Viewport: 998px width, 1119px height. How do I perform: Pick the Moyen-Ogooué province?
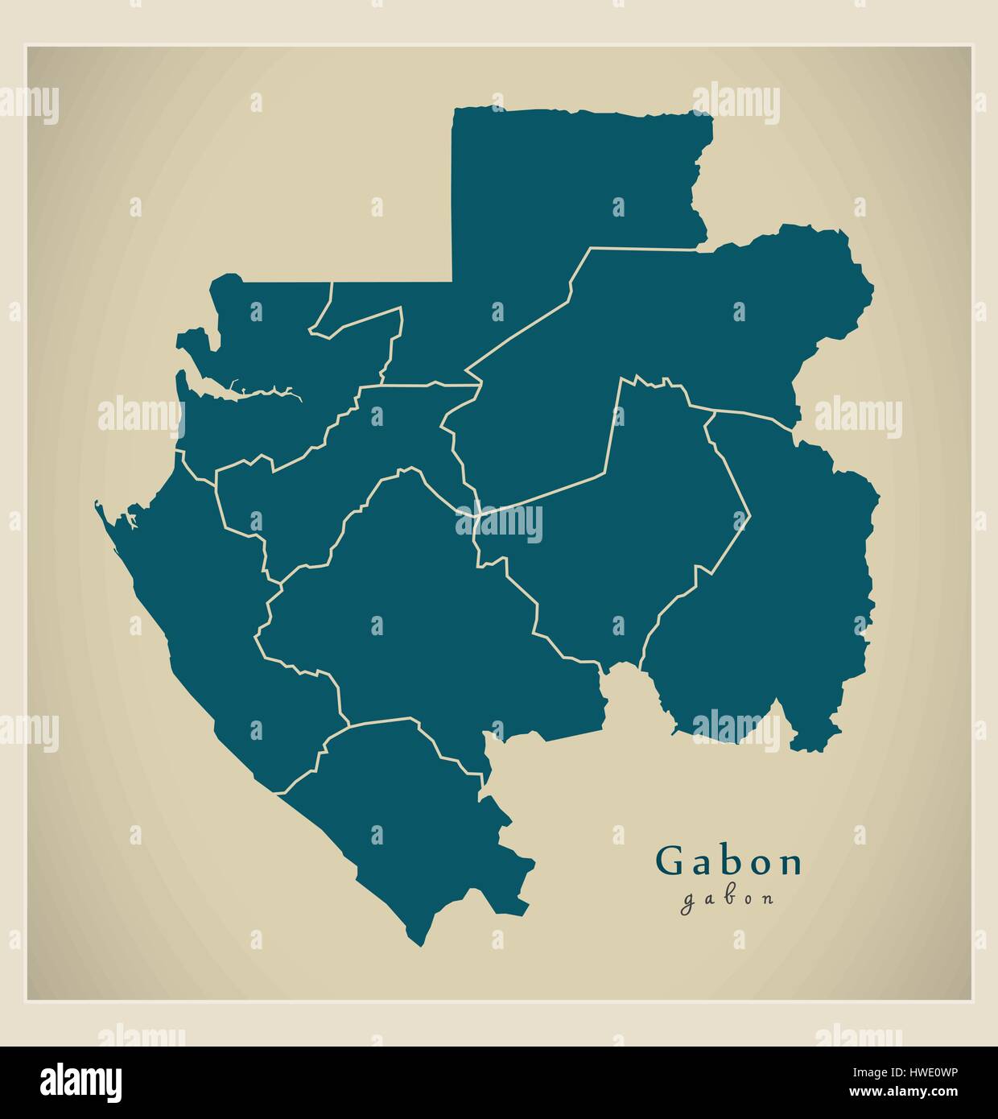[x=322, y=483]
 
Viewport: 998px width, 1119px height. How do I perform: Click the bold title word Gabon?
[x=730, y=861]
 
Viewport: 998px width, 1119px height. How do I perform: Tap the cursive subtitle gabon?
[x=728, y=898]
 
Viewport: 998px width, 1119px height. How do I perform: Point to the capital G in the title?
[x=670, y=861]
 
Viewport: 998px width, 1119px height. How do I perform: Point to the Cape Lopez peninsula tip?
[x=97, y=504]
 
